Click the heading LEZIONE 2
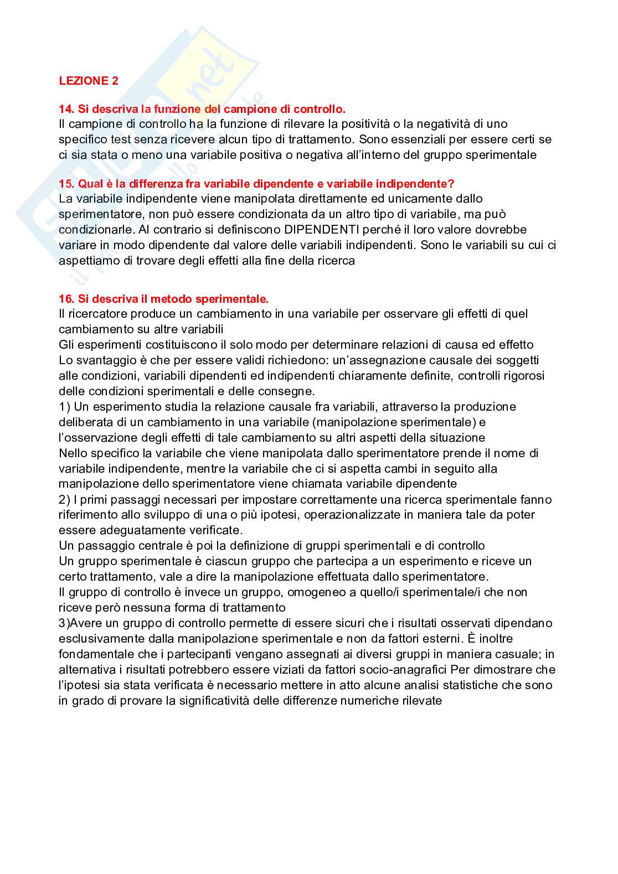[89, 81]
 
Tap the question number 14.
[66, 110]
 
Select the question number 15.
[66, 184]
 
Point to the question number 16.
[66, 299]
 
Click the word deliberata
[86, 422]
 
